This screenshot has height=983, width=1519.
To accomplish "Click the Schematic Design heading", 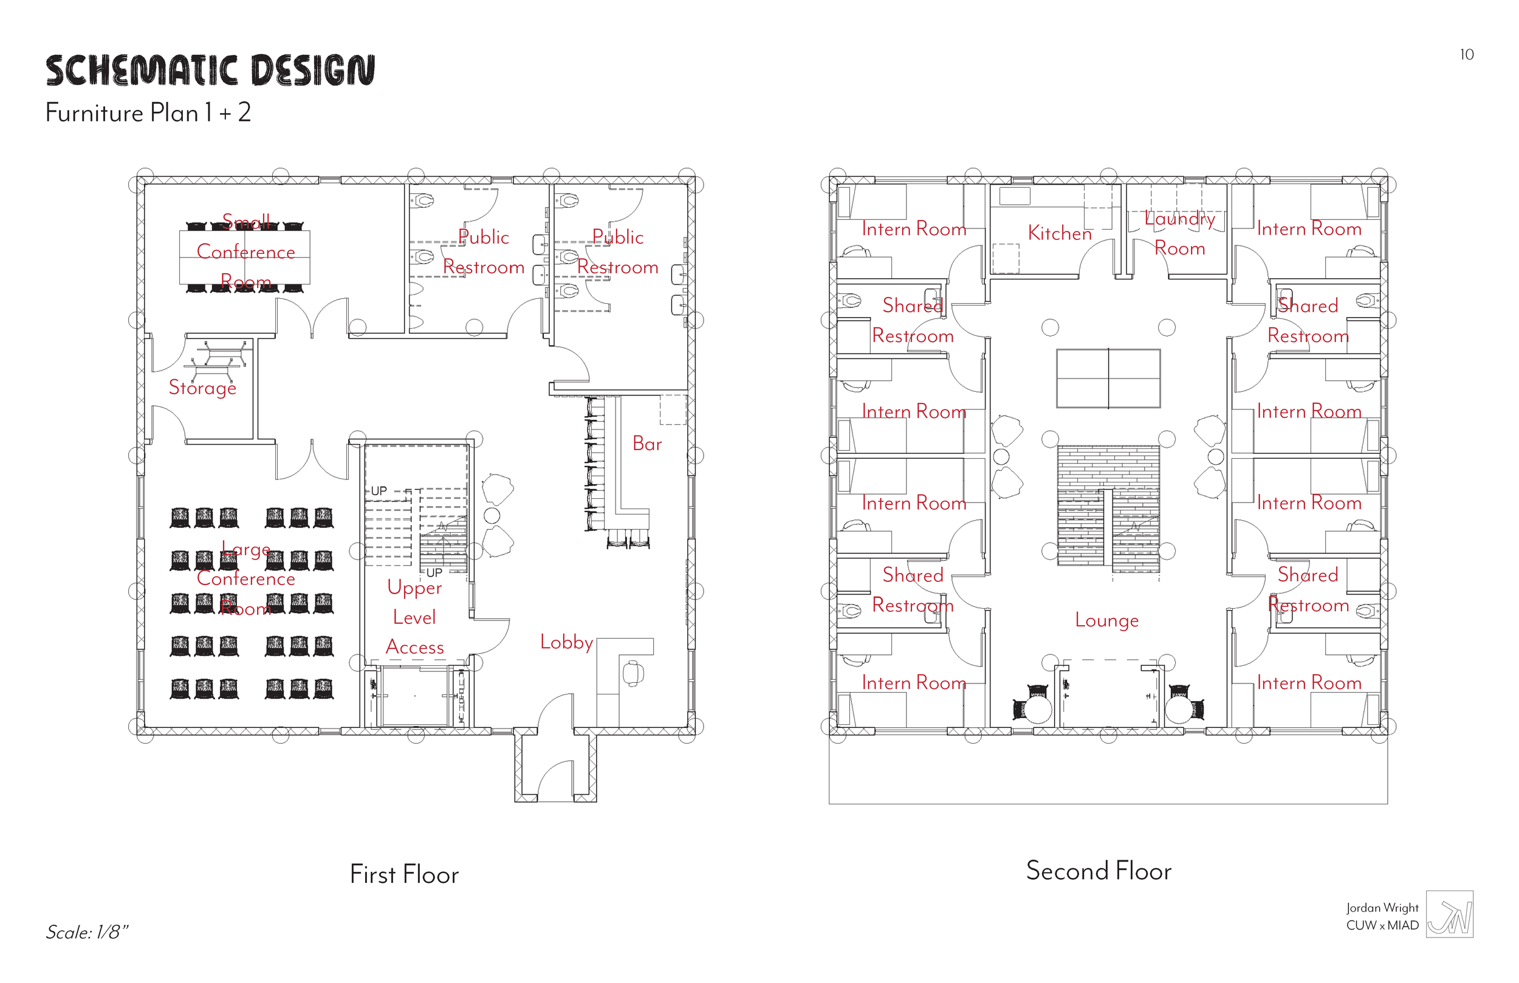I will [x=210, y=70].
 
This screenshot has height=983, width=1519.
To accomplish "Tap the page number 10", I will [x=1467, y=55].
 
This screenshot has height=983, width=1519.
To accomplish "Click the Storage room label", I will [x=202, y=388].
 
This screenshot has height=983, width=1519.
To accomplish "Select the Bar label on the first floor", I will [x=646, y=444].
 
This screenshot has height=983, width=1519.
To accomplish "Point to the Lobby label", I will [x=566, y=642].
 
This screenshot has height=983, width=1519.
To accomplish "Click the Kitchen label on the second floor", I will [x=1060, y=234].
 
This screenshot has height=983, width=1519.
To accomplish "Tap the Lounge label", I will [x=1106, y=620].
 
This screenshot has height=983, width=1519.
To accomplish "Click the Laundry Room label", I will [x=1179, y=234].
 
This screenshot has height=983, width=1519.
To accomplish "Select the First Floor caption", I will [x=404, y=874].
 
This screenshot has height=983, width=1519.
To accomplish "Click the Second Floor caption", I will [x=1099, y=871].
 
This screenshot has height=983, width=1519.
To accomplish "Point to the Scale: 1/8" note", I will [x=87, y=933].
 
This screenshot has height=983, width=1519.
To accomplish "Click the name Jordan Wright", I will [x=1382, y=908].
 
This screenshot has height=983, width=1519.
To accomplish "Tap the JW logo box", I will [x=1450, y=914].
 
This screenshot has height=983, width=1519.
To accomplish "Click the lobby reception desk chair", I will [x=633, y=673].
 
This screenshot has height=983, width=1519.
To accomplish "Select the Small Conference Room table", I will [x=244, y=257].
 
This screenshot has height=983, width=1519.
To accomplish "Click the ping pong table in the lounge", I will [x=1108, y=378].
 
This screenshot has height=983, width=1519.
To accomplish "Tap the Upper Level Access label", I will [x=414, y=617].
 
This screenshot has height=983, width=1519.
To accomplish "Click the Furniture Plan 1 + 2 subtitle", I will [x=148, y=113].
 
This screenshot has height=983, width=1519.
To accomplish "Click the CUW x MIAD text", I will [x=1382, y=925].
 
